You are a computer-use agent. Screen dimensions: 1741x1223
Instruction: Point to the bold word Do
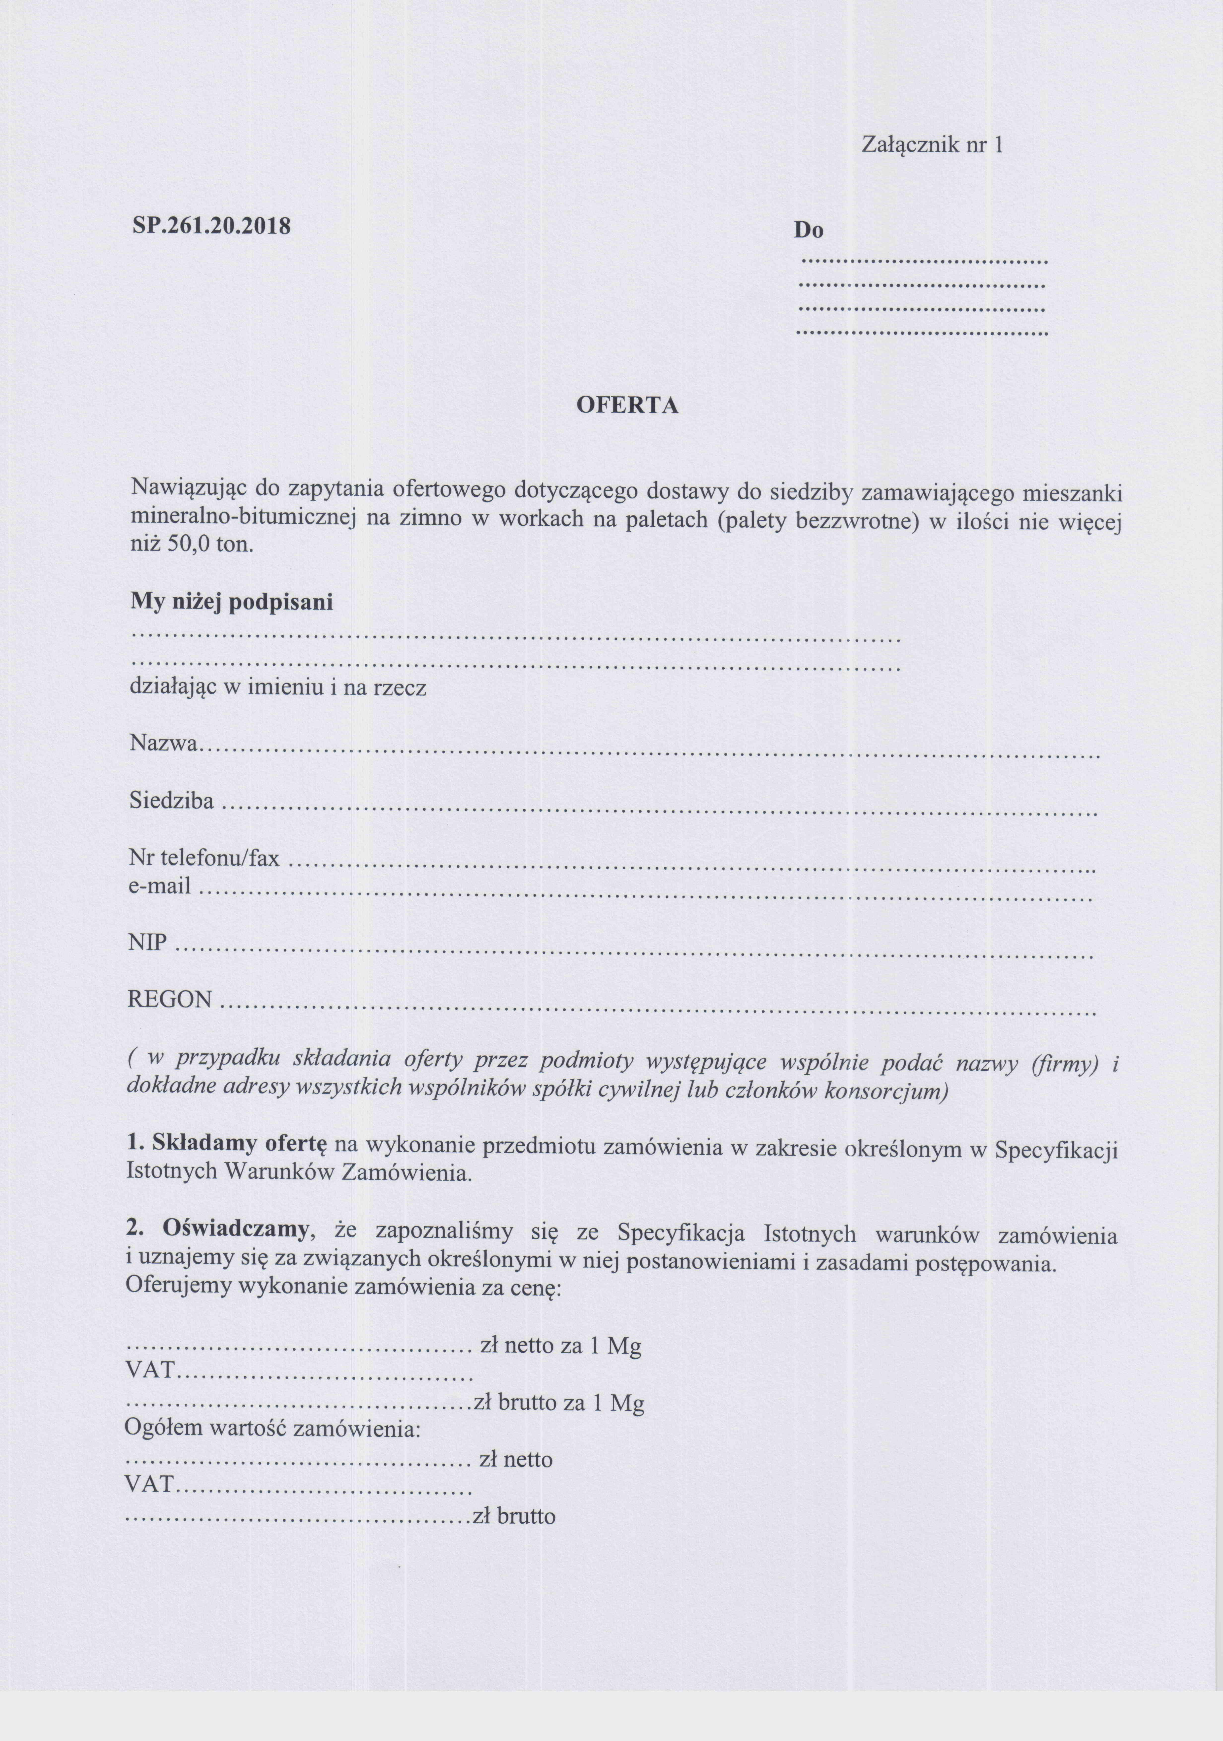(x=808, y=231)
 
